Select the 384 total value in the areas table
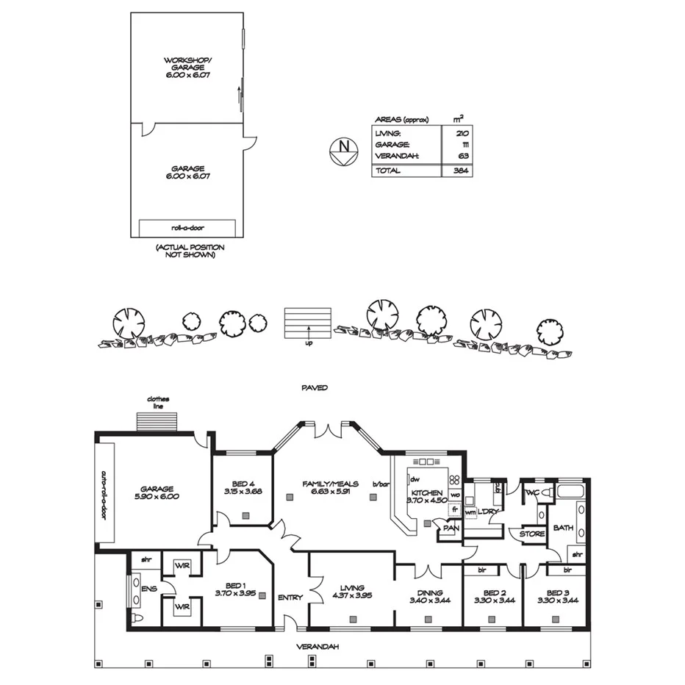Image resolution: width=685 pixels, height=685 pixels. [x=456, y=171]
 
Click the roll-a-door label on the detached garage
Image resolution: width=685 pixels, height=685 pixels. [x=187, y=227]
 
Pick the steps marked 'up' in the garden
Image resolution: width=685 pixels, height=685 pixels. [x=309, y=323]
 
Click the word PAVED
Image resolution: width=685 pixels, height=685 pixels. [x=314, y=387]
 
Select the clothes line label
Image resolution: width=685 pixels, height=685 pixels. [x=158, y=403]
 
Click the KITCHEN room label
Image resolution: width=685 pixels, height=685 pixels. [x=427, y=492]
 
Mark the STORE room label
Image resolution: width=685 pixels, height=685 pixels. [x=531, y=534]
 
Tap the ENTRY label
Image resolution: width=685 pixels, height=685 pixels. [x=290, y=598]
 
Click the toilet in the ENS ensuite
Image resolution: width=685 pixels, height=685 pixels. [x=137, y=619]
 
